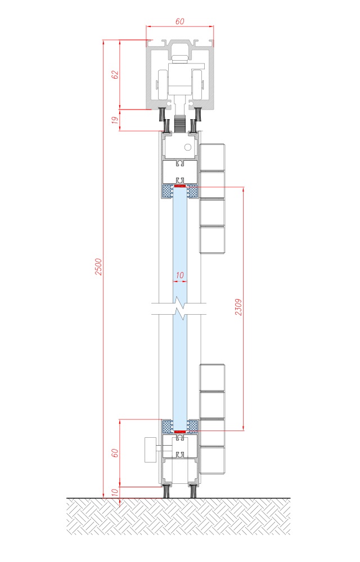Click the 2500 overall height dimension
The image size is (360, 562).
tap(98, 266)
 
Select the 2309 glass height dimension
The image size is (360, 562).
tap(238, 307)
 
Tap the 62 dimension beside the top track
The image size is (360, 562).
tap(115, 75)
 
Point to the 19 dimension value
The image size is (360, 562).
tap(115, 120)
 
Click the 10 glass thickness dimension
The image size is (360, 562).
tap(180, 275)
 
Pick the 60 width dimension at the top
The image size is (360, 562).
tap(179, 21)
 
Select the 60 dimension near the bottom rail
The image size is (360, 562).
tap(115, 452)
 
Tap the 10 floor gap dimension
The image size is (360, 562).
tap(115, 492)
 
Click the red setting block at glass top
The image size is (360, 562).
tap(179, 186)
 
